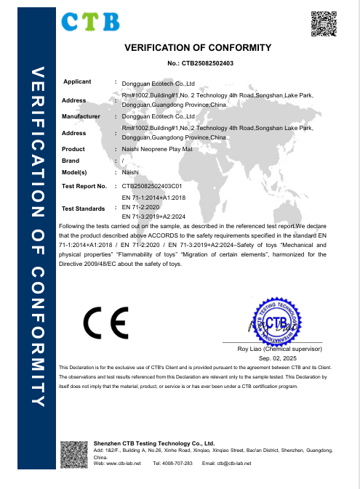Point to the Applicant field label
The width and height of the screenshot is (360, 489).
[77, 81]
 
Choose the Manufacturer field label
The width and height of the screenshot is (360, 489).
[81, 116]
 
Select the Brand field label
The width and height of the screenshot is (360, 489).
[71, 161]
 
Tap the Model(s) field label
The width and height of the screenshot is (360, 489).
[75, 173]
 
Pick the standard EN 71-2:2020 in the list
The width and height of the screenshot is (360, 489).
[142, 207]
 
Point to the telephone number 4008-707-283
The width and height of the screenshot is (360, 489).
[177, 463]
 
